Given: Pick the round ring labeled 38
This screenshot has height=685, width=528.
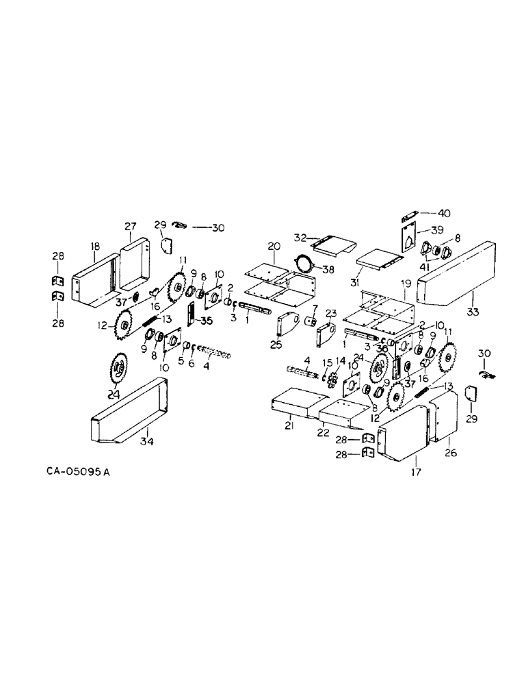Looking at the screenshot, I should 303,263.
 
